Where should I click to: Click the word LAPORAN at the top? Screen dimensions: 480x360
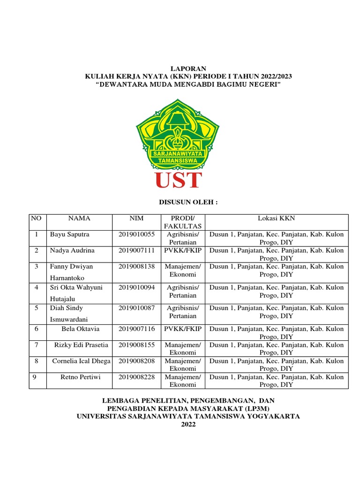[x=180, y=68]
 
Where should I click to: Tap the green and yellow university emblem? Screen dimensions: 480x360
[x=178, y=134]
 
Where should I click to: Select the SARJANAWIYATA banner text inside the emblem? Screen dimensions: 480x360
[x=178, y=153]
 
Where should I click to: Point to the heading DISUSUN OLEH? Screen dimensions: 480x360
[x=183, y=202]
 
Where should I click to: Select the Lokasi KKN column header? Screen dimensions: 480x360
[x=277, y=218]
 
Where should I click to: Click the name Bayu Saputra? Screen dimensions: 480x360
[x=69, y=234]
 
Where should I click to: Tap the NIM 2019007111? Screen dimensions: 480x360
[x=136, y=250]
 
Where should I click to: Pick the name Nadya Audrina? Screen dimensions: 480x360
[x=72, y=250]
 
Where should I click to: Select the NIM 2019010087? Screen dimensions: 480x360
[x=136, y=308]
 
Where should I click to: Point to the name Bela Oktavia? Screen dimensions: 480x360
[x=80, y=329]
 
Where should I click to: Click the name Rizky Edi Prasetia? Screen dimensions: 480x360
[x=81, y=345]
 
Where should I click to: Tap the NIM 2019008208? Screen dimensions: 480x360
[x=136, y=361]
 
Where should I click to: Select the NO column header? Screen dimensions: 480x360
[x=36, y=218]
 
